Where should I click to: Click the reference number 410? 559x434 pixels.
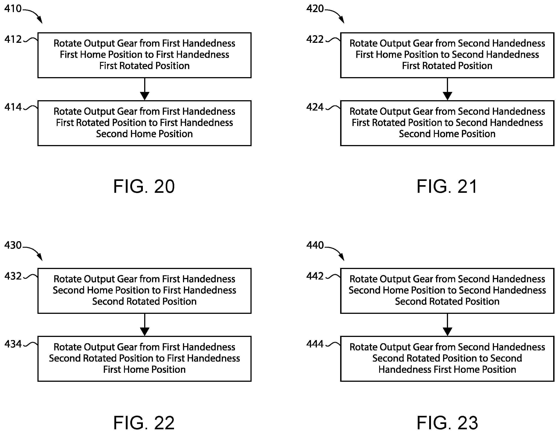[13, 9]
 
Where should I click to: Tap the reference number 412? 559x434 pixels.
[13, 39]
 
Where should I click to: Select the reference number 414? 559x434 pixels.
[13, 107]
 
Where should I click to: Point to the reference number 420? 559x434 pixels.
[315, 9]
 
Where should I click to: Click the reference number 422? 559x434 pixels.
[315, 39]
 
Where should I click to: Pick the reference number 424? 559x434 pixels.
[315, 107]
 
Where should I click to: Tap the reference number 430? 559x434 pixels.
[13, 245]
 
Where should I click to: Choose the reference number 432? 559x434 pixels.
[13, 276]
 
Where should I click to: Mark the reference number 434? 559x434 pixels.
[13, 344]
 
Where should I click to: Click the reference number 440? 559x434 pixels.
[315, 245]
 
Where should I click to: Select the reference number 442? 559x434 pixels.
[315, 276]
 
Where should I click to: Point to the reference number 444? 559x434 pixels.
[315, 344]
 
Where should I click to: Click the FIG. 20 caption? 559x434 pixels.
[144, 186]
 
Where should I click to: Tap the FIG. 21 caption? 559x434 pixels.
[447, 186]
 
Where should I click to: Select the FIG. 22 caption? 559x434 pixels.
[144, 423]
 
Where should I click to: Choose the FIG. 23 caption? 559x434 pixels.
[447, 423]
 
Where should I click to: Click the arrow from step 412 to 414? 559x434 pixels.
[145, 89]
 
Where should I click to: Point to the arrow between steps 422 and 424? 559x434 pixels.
[447, 89]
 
